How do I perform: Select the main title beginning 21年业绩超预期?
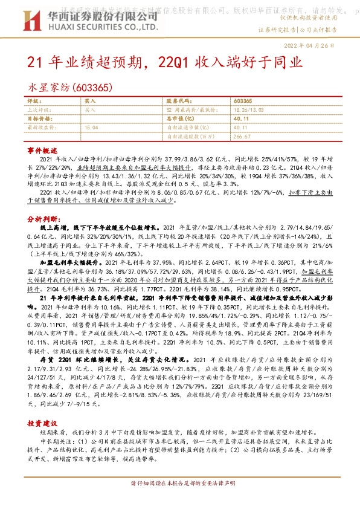164,62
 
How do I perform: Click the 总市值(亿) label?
178,119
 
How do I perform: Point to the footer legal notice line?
180,500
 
